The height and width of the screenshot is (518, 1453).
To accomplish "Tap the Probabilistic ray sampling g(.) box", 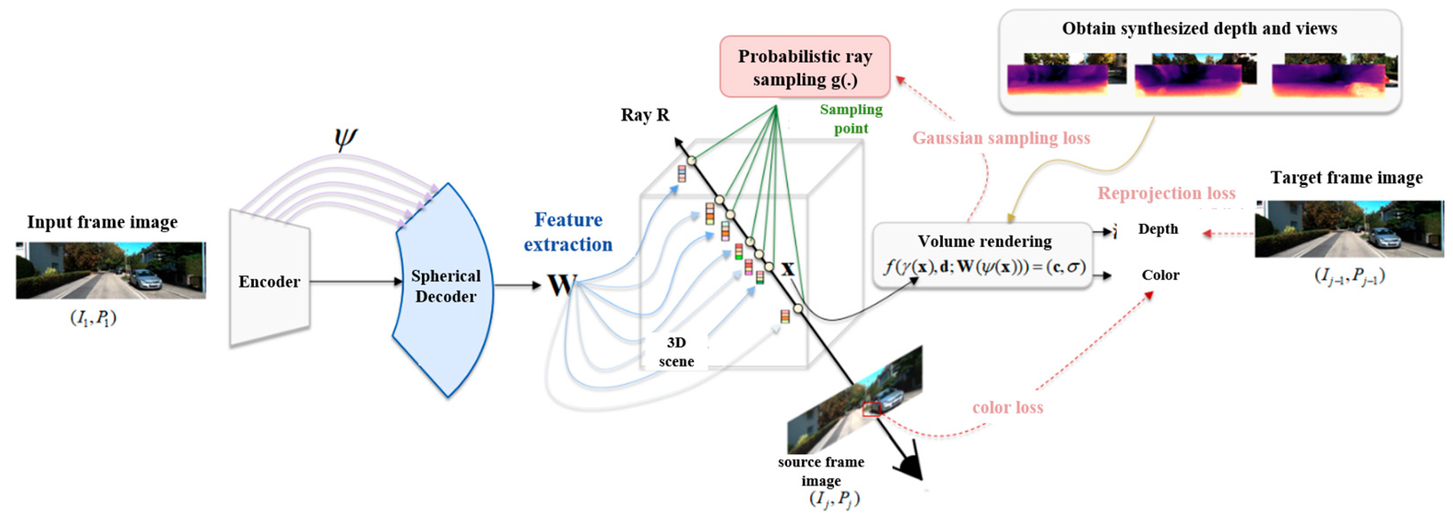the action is point(805,67).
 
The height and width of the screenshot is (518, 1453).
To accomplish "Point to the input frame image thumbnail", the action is point(111,270).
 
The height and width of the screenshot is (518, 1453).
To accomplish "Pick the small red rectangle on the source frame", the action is point(872,409).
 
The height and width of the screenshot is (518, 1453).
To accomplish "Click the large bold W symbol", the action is point(562,285).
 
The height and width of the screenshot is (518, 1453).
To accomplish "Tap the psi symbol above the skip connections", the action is point(345,138).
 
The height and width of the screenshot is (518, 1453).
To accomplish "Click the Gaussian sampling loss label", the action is point(1001,138).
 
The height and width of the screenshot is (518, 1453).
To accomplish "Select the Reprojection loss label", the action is point(1166,193).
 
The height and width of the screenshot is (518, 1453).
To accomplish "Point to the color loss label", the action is point(1007,407).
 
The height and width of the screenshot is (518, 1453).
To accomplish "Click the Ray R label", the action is point(645,115).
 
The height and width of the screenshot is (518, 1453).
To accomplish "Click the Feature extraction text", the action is point(568,232).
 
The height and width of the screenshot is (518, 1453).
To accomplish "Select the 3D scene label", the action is point(676,352).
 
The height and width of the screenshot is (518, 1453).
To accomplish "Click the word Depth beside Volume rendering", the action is point(1158,229).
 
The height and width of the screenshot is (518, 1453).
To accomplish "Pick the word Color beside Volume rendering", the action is point(1160,275).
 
